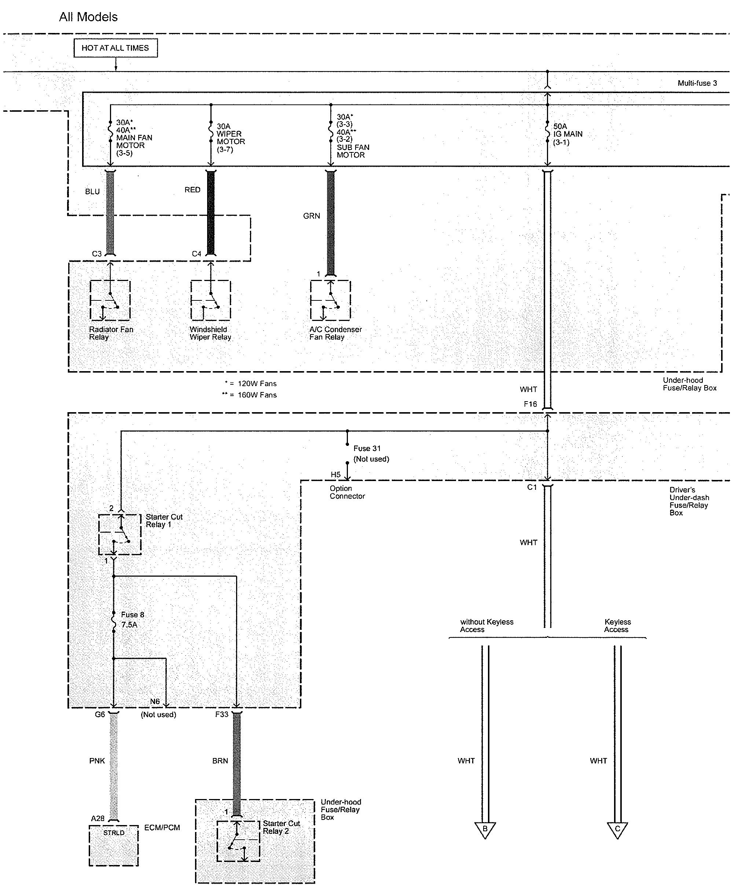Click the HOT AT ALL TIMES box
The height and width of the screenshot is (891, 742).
[115, 48]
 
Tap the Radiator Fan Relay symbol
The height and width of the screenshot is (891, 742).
[110, 300]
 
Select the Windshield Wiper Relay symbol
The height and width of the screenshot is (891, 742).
[210, 300]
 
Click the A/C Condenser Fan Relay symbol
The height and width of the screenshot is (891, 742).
[330, 300]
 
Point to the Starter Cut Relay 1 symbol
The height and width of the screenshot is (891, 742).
[120, 535]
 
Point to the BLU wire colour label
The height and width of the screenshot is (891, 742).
[92, 192]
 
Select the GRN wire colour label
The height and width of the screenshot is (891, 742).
[311, 216]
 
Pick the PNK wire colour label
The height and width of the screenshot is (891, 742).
[97, 761]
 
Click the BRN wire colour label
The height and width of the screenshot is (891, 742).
[220, 761]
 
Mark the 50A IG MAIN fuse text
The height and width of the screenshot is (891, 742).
[567, 134]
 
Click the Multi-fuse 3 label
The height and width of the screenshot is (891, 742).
[697, 83]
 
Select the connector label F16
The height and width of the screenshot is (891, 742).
[530, 404]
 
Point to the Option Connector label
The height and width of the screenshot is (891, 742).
[347, 492]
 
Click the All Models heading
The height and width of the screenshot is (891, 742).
[88, 17]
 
